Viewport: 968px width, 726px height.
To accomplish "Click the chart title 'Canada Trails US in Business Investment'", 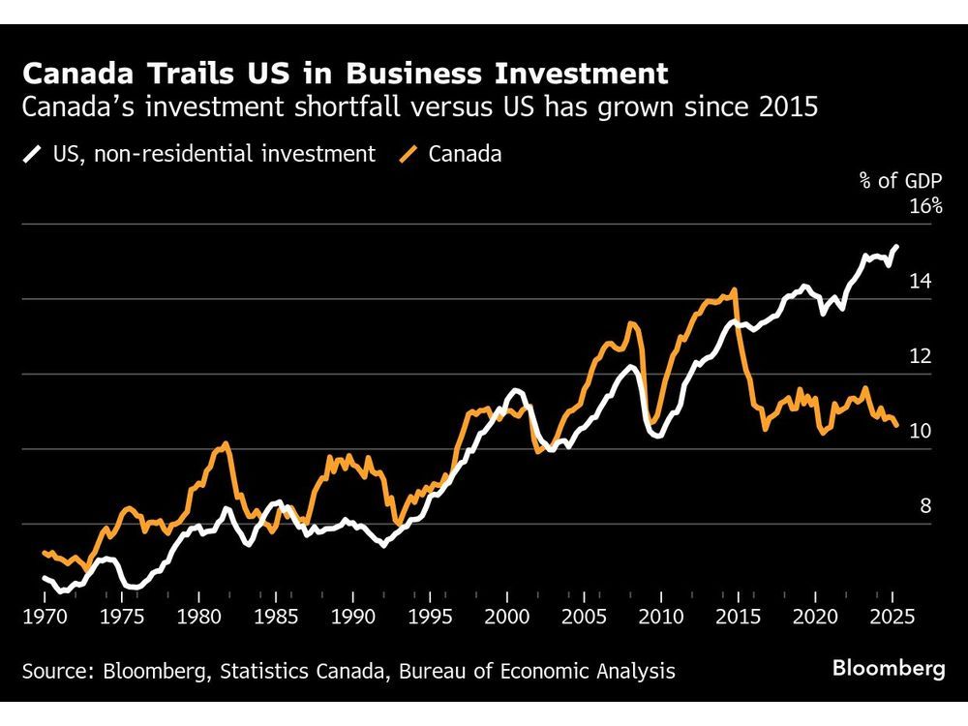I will [x=345, y=74].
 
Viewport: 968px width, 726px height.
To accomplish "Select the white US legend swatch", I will [x=33, y=154].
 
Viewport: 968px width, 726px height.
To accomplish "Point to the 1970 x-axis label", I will [x=44, y=617].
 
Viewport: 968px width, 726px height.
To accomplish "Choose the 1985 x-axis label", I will [x=276, y=617].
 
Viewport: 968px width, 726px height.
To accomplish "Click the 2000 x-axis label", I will [x=507, y=617].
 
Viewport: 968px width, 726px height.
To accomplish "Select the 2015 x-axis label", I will [x=739, y=617].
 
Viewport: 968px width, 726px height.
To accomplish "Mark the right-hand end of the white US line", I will [x=897, y=246].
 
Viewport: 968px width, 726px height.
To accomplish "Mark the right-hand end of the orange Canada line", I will [x=896, y=425].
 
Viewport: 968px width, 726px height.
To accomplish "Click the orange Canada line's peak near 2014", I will [x=736, y=289].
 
